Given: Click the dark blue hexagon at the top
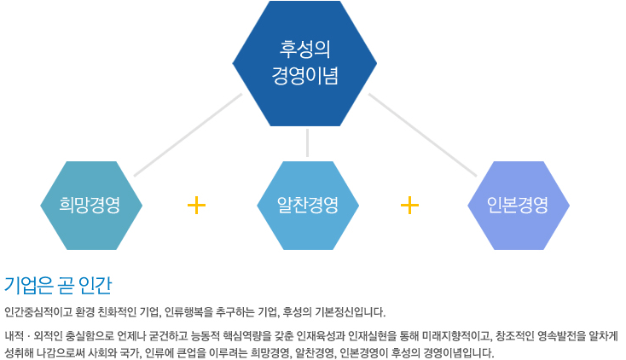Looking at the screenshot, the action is (304, 63).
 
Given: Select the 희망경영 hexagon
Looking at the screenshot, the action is (91, 206).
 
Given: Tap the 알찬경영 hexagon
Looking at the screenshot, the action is (308, 206).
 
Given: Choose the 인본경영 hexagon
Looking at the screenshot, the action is (519, 206).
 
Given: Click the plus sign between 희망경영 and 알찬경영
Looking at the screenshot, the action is (196, 206).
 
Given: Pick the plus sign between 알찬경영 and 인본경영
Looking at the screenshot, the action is (409, 206).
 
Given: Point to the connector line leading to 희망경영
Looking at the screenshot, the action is (188, 135).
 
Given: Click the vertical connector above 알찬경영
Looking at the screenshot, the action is (307, 142).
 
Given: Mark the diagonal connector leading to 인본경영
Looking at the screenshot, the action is (422, 135).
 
